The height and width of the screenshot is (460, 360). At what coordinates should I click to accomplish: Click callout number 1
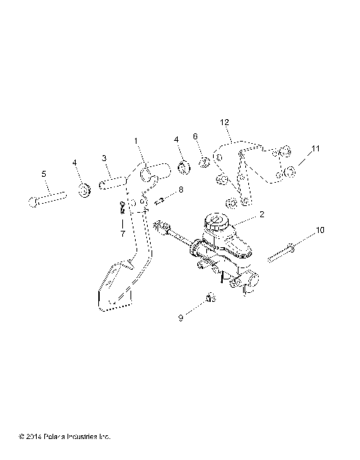[x=136, y=140]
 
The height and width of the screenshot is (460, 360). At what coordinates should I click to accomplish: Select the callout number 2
[x=261, y=214]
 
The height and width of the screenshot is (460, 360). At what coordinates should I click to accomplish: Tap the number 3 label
[x=105, y=158]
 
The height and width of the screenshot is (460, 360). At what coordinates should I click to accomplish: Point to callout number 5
[x=44, y=175]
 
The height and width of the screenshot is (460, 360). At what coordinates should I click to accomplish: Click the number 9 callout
[x=179, y=318]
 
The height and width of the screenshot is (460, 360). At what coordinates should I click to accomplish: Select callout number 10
[x=319, y=231]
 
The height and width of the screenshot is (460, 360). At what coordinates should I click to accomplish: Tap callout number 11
[x=316, y=149]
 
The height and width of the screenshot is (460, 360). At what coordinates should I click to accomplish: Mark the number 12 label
[x=223, y=121]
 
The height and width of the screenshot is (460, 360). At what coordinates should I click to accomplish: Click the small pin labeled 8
[x=160, y=199]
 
